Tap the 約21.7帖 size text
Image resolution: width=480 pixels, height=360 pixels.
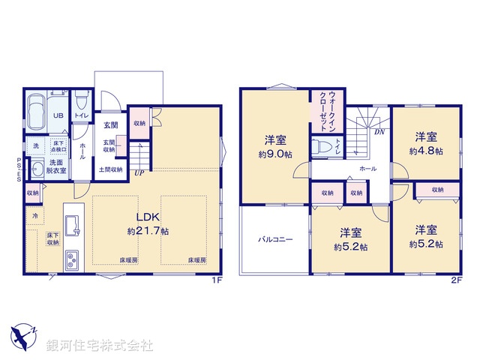click(x=148, y=232)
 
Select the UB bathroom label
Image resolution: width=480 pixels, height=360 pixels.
click(x=56, y=116)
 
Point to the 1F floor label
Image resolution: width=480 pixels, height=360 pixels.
click(x=217, y=280)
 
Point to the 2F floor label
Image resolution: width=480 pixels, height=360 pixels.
click(x=454, y=280)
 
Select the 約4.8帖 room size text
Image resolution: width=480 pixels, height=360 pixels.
click(x=427, y=151)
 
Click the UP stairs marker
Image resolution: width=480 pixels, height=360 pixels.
click(x=139, y=173)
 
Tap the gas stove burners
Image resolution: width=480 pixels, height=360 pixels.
click(x=72, y=260)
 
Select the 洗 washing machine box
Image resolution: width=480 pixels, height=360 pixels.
click(x=34, y=145)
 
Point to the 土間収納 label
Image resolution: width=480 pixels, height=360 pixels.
click(x=112, y=170)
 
